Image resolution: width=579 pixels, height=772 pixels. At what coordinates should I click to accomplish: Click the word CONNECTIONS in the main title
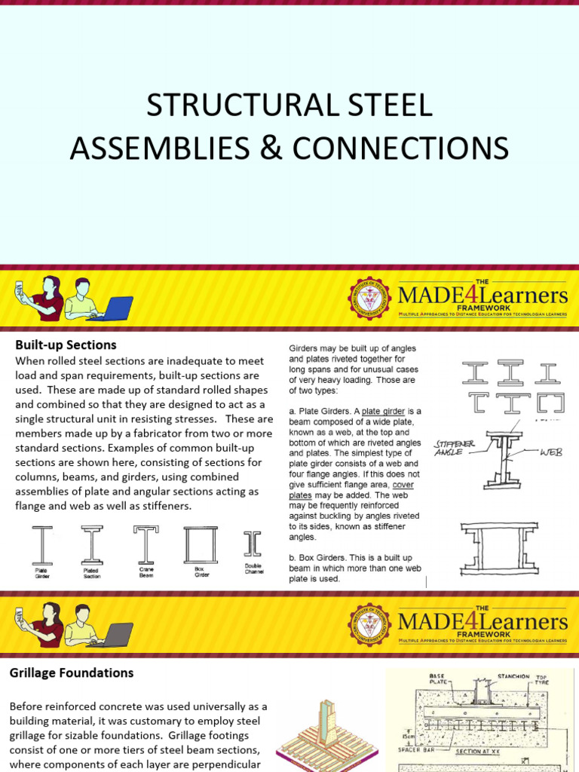400,148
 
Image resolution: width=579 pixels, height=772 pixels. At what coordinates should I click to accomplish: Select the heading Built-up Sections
66,345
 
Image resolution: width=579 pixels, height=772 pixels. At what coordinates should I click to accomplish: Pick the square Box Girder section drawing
200,544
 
